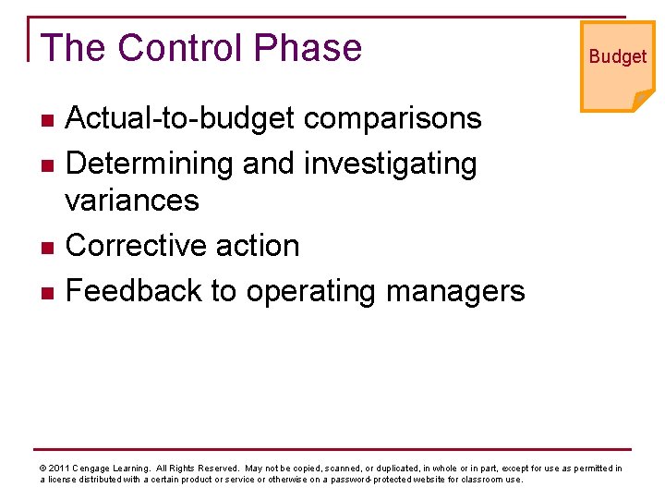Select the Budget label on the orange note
[x=618, y=56]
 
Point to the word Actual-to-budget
[x=180, y=118]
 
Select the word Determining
[x=150, y=164]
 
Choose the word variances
[x=133, y=200]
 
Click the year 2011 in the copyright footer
[x=57, y=469]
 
